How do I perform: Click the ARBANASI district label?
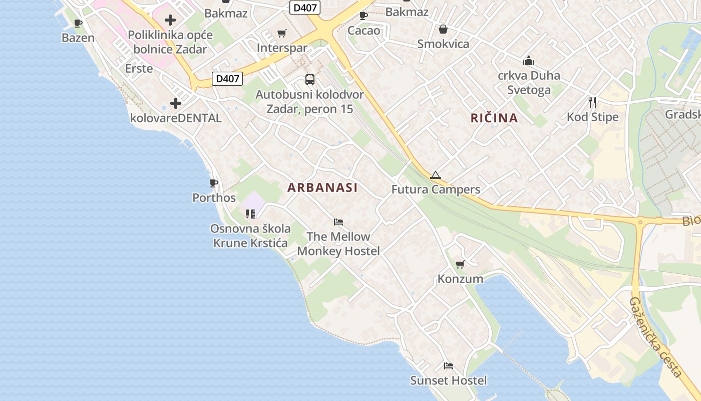(322, 187)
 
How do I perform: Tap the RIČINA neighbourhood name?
(494, 118)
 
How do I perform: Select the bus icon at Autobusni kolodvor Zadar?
(310, 79)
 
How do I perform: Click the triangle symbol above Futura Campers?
(435, 175)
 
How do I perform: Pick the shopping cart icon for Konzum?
(460, 264)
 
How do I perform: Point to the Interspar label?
(282, 48)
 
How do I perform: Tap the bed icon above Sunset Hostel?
(448, 366)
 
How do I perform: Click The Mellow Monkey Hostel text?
(338, 244)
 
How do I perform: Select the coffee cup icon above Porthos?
(214, 183)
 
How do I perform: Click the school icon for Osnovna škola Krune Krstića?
(250, 214)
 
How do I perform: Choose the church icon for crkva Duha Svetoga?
(528, 61)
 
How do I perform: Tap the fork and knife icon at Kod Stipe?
(592, 102)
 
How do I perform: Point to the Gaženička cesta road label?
(655, 337)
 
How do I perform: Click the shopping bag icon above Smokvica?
(443, 29)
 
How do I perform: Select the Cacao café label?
(364, 31)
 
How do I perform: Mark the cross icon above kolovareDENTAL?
(175, 103)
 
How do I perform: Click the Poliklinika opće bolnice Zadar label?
(170, 42)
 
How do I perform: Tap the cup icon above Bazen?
(78, 23)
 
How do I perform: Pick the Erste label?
(139, 69)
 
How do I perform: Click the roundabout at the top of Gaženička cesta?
(639, 222)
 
